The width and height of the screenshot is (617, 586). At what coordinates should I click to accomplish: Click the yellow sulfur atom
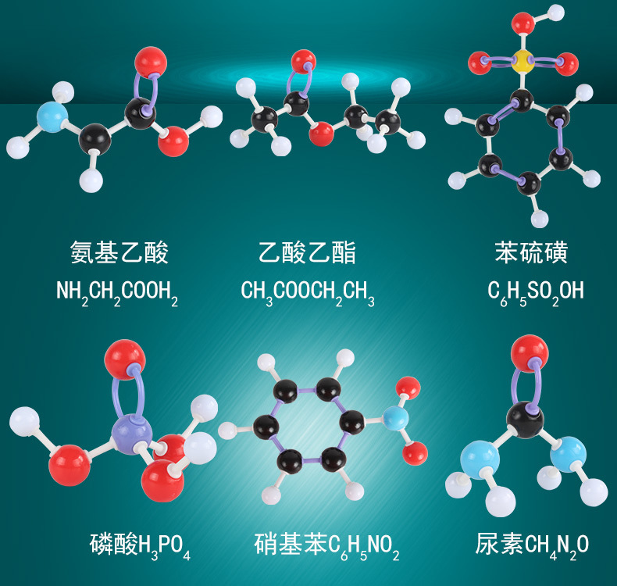(x=522, y=61)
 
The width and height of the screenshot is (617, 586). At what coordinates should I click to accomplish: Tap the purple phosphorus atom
(x=131, y=434)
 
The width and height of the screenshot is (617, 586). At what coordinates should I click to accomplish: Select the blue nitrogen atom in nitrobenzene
(x=394, y=419)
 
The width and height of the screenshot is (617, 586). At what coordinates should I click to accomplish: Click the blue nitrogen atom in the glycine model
(x=52, y=116)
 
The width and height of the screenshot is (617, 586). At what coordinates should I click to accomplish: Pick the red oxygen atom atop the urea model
(x=530, y=353)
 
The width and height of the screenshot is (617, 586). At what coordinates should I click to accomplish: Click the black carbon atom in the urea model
(x=525, y=420)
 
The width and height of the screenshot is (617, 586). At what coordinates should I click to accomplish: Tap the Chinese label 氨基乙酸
(x=119, y=252)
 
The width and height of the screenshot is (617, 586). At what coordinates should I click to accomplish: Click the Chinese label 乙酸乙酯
(x=307, y=252)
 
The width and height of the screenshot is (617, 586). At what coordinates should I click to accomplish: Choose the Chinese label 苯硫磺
(x=531, y=252)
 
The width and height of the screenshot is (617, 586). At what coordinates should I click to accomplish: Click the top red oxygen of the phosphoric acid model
(x=125, y=359)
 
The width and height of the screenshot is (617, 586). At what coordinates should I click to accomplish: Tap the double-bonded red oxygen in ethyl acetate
(x=303, y=62)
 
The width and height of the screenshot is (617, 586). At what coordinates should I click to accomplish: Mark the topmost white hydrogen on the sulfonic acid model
(x=556, y=13)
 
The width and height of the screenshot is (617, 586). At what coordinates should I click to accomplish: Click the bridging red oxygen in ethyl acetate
(x=321, y=134)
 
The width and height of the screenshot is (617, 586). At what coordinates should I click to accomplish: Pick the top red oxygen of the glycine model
(x=151, y=63)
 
